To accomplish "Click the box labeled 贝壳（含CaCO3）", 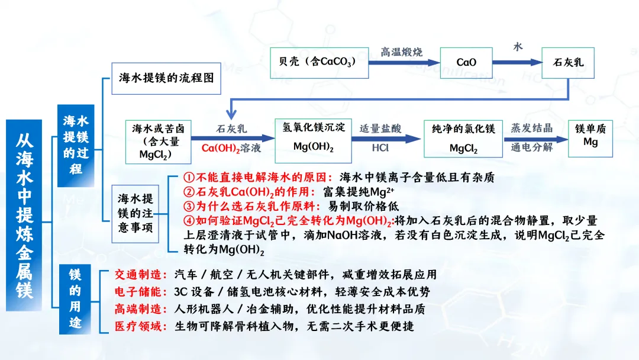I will click(317, 62).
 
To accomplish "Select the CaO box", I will click(466, 62).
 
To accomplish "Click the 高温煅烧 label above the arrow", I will click(402, 52).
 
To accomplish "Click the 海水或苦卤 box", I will click(159, 142).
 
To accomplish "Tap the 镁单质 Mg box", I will click(590, 136).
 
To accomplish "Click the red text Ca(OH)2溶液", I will click(231, 148).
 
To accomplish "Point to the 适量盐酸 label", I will click(380, 128).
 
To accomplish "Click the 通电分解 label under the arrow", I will click(532, 147).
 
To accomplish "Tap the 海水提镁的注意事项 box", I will click(135, 213).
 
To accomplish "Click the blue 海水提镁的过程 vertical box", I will click(76, 145).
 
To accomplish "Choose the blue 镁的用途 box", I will click(75, 299).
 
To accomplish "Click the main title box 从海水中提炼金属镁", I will click(24, 215).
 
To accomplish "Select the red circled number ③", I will click(189, 206).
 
